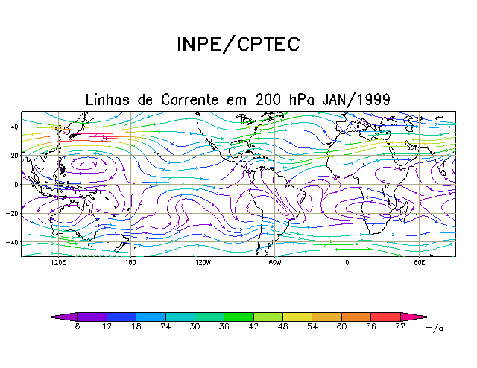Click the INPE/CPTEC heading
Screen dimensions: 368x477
tap(238, 45)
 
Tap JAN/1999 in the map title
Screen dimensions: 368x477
tap(356, 99)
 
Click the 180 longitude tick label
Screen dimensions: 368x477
tap(130, 263)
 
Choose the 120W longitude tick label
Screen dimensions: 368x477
tap(202, 263)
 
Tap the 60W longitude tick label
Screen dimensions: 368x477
tap(274, 263)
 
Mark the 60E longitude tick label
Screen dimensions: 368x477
tap(419, 263)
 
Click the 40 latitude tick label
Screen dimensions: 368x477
tap(14, 127)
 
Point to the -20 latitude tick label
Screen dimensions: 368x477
tap(12, 214)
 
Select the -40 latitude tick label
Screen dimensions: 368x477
tap(12, 243)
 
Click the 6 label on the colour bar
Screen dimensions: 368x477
tap(77, 326)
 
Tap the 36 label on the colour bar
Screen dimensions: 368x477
tap(224, 326)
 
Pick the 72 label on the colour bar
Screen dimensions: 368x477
tap(401, 326)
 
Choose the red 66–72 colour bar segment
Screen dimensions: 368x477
tap(386, 317)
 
